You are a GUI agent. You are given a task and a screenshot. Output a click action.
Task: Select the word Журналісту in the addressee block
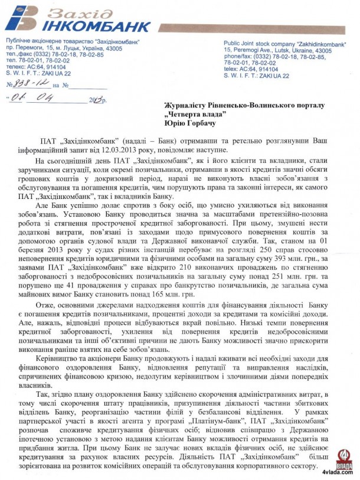click(x=187, y=105)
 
